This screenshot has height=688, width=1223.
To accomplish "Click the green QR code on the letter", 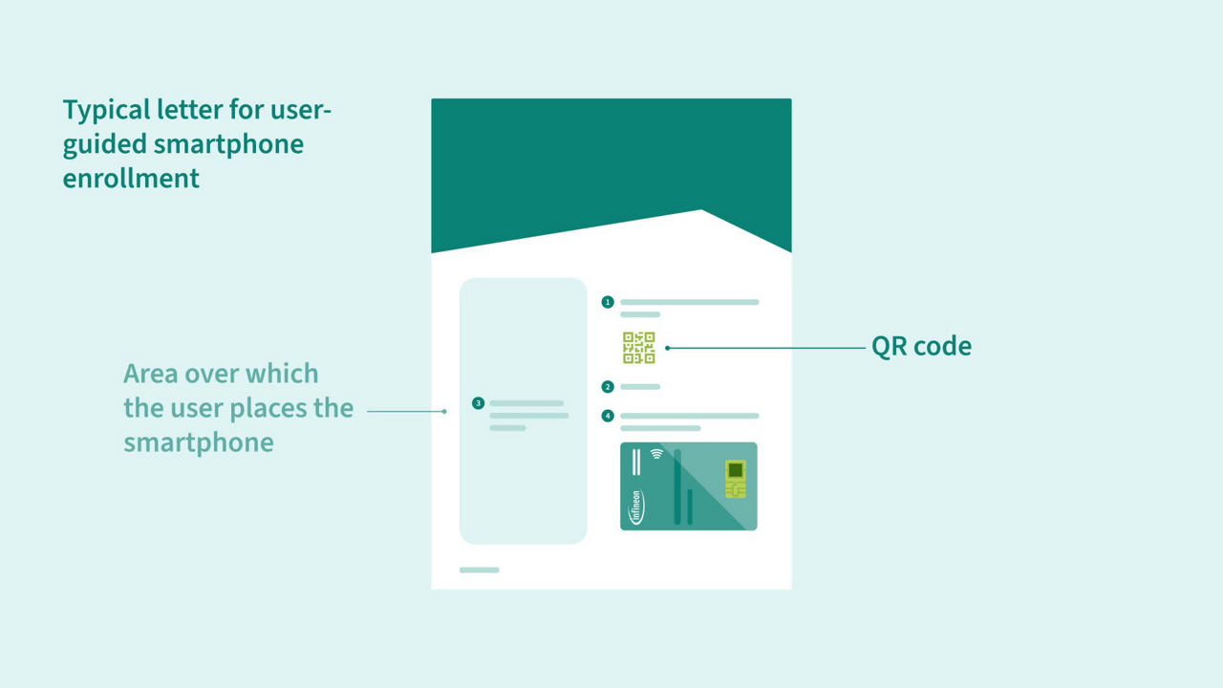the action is click(x=639, y=348).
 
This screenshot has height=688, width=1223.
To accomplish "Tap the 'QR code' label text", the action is click(x=921, y=347).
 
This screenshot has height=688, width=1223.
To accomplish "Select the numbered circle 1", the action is click(x=608, y=302).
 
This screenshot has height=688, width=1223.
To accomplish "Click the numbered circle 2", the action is click(x=608, y=387).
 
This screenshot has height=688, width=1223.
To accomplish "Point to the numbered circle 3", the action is click(x=479, y=403).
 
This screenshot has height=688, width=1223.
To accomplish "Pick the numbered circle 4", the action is click(x=608, y=416).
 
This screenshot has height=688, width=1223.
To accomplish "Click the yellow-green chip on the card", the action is click(x=736, y=479).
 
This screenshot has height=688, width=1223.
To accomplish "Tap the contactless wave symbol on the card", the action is click(x=656, y=454).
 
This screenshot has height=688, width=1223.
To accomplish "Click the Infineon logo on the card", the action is click(x=636, y=507).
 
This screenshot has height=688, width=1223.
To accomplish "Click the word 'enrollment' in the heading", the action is click(x=131, y=179).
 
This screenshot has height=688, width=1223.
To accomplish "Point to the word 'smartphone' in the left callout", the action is click(x=198, y=443).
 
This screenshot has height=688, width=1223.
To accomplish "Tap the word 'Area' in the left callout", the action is click(x=150, y=374).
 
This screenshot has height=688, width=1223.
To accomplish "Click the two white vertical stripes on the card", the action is click(x=636, y=462).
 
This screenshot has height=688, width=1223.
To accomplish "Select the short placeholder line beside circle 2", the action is click(x=640, y=387).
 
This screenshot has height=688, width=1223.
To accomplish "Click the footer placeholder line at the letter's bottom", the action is click(x=480, y=570).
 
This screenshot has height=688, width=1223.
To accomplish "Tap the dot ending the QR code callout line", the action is click(x=667, y=348).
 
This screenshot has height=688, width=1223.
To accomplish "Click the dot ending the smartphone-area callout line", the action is click(x=444, y=411).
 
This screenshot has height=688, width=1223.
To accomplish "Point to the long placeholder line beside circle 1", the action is click(x=690, y=302).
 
